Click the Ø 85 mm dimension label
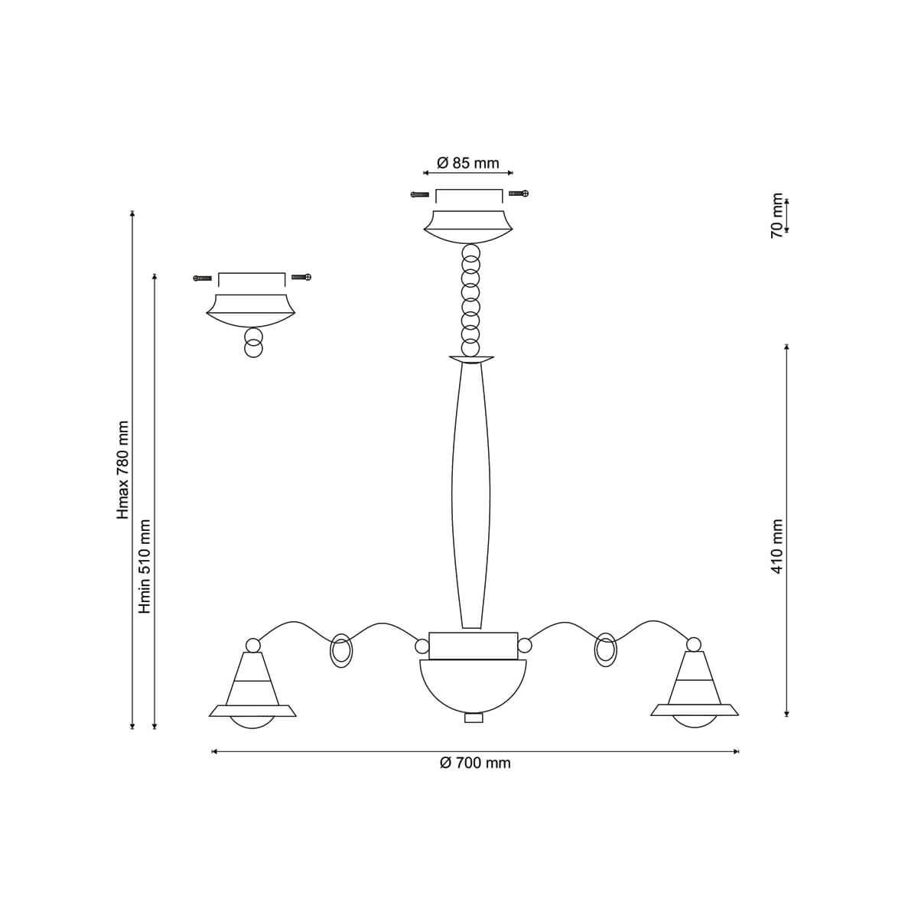point(468,164)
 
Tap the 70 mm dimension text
point(776,215)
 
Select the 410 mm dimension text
point(776,547)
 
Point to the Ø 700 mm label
point(475,763)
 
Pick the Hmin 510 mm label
point(145,566)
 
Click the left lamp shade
point(252,691)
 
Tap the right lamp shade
point(695,691)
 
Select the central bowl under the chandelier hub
point(473,686)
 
